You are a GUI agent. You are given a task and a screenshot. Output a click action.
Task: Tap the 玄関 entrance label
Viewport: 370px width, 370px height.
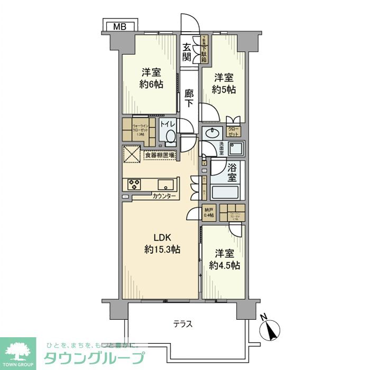coord(187,52)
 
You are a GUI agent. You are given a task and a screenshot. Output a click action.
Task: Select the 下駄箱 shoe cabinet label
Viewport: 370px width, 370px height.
coord(204,49)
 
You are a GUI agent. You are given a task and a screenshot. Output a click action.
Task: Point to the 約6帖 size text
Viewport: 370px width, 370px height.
coord(151,84)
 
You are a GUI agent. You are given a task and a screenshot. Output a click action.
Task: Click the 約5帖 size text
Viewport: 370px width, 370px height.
coord(224,89)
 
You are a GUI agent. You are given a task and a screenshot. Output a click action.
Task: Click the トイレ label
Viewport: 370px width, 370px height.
coord(168,125)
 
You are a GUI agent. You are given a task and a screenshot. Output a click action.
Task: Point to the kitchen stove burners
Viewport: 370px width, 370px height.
coord(133,184)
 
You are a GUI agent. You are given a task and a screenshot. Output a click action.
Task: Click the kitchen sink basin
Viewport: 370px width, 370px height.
coord(165,184)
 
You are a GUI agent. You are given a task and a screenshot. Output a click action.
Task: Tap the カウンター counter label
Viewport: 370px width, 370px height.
coord(164,196)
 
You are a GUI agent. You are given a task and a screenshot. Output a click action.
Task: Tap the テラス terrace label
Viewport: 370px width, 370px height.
coord(182,323)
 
